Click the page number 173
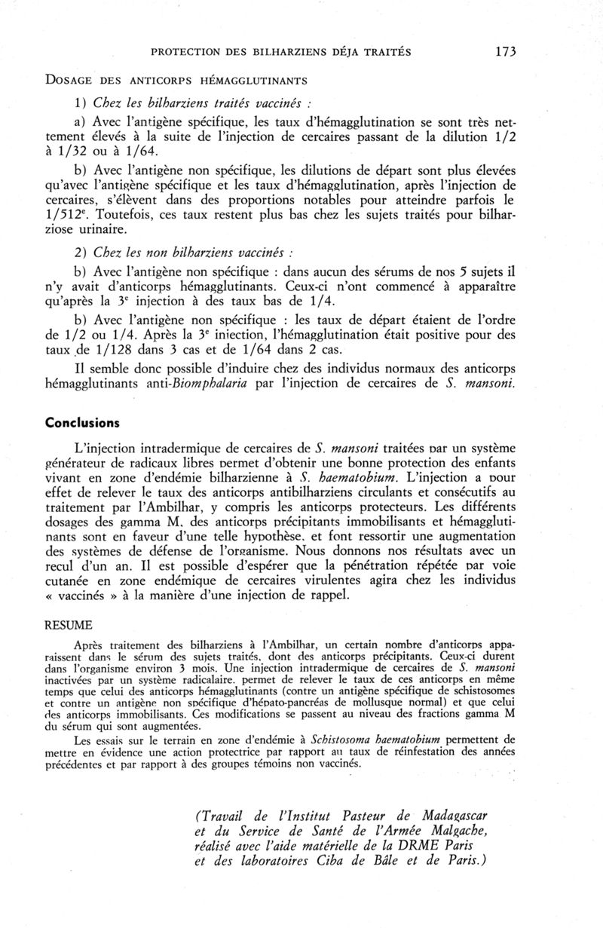coord(506,51)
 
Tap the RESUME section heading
coord(69,625)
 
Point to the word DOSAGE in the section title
coord(73,79)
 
